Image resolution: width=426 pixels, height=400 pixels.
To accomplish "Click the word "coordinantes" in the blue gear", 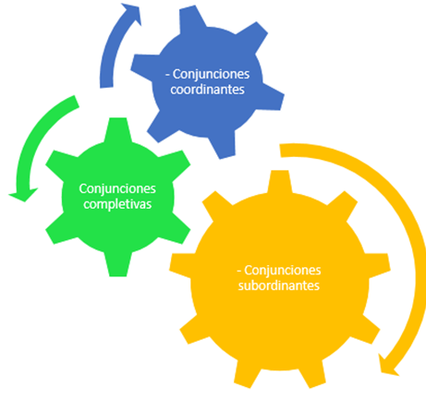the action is click(207, 90).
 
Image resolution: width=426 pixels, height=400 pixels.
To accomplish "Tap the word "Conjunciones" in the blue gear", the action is click(211, 75).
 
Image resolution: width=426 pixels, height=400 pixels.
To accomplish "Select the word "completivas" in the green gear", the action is click(117, 204).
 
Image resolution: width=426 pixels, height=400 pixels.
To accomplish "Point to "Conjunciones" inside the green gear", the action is click(117, 188).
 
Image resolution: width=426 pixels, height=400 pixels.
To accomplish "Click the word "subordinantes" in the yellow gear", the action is click(279, 285).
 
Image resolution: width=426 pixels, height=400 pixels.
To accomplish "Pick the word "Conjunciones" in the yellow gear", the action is click(283, 271).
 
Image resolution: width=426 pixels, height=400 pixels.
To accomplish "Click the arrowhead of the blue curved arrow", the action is click(133, 13).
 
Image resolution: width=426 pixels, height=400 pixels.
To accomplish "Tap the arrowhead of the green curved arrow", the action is click(23, 195).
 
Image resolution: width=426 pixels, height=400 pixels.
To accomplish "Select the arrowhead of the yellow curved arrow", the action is click(387, 366).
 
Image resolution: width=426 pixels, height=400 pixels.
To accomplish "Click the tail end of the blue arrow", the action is click(106, 87).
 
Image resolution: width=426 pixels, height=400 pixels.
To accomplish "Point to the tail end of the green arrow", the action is click(75, 102).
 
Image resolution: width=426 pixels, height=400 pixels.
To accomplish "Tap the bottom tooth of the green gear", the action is click(118, 265).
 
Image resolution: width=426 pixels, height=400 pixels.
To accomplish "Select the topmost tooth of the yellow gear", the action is click(279, 182).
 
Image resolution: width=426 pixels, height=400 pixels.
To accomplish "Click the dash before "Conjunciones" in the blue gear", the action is click(168, 75).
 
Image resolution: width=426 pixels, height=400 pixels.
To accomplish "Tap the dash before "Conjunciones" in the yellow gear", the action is click(239, 271).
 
